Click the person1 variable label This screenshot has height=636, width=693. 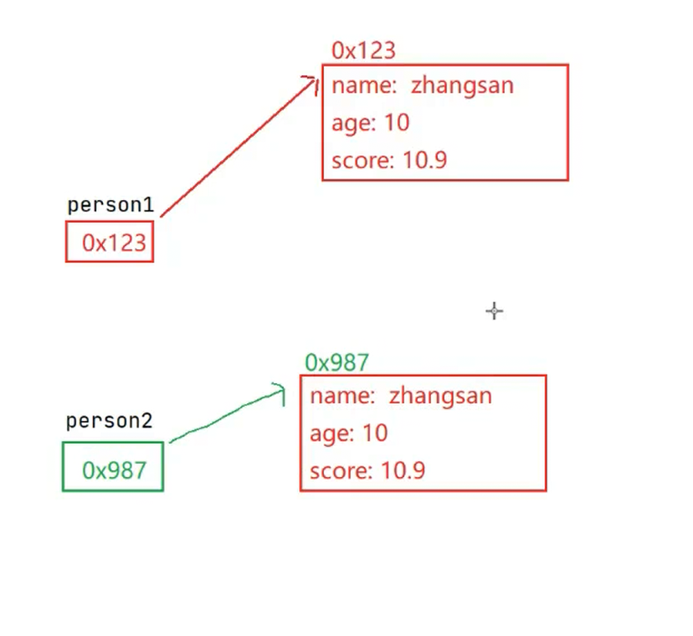(110, 205)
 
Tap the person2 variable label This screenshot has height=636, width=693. (109, 421)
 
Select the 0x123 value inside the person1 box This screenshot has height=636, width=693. (114, 243)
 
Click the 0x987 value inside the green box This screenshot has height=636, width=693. (114, 470)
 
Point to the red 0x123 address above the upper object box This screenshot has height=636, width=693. (363, 50)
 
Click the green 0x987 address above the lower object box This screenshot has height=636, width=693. (336, 362)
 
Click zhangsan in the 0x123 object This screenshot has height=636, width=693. (462, 85)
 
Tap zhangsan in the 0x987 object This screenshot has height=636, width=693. (440, 396)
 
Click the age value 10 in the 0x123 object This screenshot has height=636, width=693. (397, 122)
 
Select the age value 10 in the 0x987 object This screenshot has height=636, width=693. (375, 433)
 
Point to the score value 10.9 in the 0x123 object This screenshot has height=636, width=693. (424, 160)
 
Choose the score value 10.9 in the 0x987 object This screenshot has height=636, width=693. (403, 470)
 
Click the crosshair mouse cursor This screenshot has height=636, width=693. (494, 311)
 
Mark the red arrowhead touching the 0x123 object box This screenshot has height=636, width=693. (311, 83)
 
